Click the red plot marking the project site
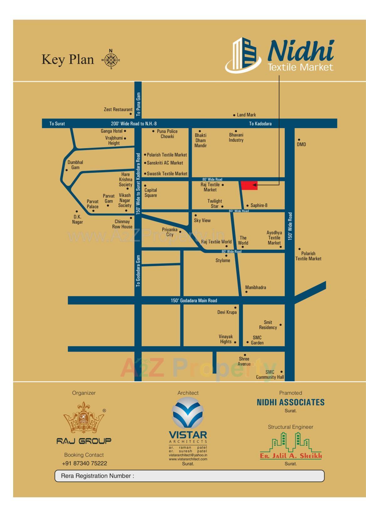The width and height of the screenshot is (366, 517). coord(249,185)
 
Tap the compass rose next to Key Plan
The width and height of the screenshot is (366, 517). coord(111,60)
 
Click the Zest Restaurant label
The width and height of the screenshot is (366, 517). coord(118,110)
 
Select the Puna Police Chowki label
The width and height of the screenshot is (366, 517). coord(167,134)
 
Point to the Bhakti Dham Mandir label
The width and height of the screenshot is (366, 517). coord(201,140)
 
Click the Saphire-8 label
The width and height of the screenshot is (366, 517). coord(259,206)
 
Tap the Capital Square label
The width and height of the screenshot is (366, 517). coord(151,193)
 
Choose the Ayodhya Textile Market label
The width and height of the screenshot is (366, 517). coord(274,238)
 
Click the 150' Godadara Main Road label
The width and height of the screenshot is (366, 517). coord(194,301)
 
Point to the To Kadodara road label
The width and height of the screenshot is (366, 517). coord(260,124)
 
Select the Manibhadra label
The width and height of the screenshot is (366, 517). coord(255,288)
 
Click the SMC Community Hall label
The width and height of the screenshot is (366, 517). coord(270,375)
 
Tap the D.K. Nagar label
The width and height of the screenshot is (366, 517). coord(77,219)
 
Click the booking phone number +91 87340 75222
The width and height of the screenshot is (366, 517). coord(85,463)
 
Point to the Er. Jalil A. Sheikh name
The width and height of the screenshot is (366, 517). coord(291,456)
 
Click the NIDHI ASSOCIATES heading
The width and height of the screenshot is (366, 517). coord(291,402)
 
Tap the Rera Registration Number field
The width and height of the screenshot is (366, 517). coord(189,476)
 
